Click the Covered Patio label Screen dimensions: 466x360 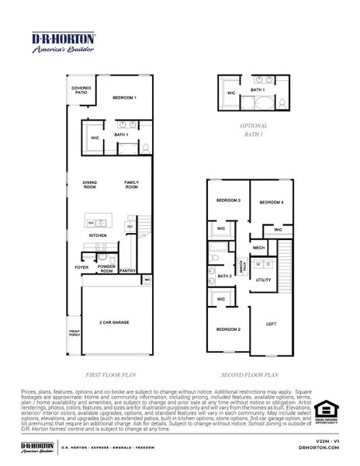coord(81,90)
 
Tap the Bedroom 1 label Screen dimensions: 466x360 coord(124,98)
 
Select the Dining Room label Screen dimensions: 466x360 coord(90,185)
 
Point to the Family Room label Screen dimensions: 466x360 coord(132,185)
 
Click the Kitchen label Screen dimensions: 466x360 coord(98,235)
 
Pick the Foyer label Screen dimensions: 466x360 coord(81,267)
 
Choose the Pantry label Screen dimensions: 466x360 coord(128,271)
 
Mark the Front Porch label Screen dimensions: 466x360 coord(74,334)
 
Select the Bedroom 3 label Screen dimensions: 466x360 coord(228,200)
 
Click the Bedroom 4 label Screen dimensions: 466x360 coord(271,203)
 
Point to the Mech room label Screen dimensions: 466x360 coord(259,249)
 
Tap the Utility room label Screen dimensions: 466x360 coord(264,280)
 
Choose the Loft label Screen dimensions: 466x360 coord(272,324)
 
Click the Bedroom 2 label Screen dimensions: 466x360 coord(228,330)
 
